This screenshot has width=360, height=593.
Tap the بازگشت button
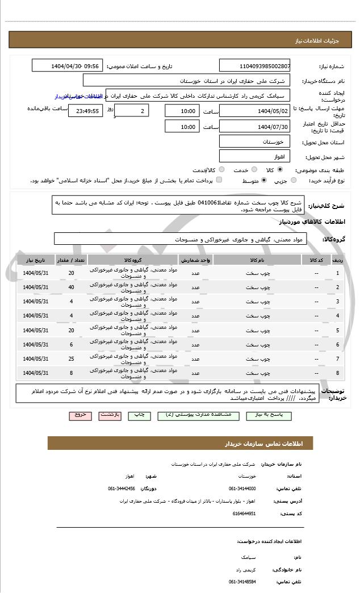click(x=110, y=415)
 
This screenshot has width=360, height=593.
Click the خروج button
click(x=80, y=415)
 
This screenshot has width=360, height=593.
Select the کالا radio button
click(x=280, y=169)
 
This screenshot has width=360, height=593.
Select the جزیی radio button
click(x=293, y=180)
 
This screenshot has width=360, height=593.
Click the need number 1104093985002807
click(x=254, y=66)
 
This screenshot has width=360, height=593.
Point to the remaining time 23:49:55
click(x=85, y=111)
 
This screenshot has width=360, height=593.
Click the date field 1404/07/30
click(x=254, y=126)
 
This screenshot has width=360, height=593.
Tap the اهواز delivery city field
click(x=254, y=156)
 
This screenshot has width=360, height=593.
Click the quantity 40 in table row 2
click(x=71, y=287)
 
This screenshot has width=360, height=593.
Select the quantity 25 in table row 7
click(x=71, y=359)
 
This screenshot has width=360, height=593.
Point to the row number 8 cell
click(x=338, y=373)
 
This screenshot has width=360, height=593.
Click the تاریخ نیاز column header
click(x=36, y=260)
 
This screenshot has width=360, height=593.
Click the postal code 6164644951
click(x=244, y=513)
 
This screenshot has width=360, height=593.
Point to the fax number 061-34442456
click(x=122, y=488)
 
